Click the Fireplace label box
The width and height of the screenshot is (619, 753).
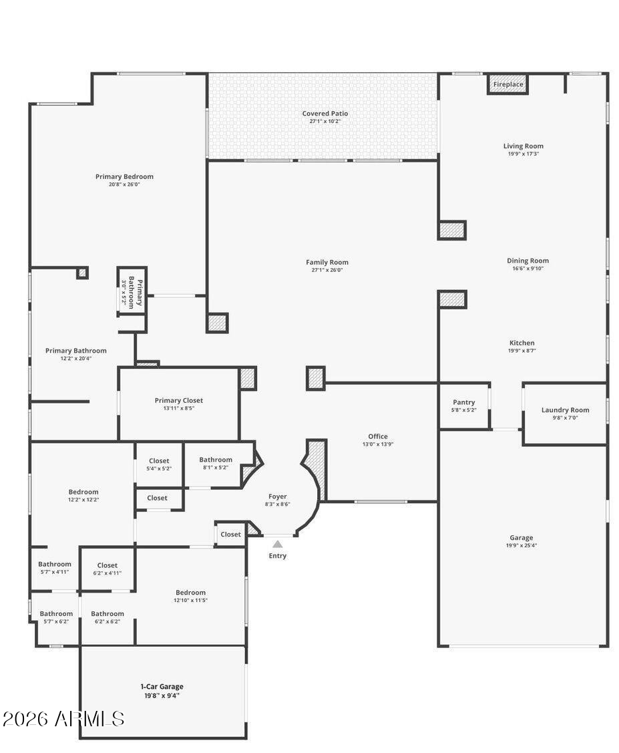click(x=508, y=85)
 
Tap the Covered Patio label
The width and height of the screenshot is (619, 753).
click(x=325, y=114)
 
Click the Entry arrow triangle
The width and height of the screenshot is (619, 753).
click(x=277, y=544)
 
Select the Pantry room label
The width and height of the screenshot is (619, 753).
click(x=463, y=402)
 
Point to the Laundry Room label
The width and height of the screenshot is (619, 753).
click(x=565, y=410)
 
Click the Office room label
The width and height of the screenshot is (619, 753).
click(x=377, y=436)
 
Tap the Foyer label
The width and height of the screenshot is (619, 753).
click(x=277, y=496)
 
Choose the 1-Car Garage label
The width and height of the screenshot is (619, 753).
click(x=162, y=686)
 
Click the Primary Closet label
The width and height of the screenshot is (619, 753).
click(x=178, y=400)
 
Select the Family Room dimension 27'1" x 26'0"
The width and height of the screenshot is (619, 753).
click(x=327, y=270)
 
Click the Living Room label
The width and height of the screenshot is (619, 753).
click(x=523, y=146)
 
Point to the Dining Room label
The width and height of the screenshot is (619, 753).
click(x=528, y=261)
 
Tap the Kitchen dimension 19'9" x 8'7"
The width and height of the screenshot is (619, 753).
click(x=522, y=351)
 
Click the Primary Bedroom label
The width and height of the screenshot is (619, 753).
click(x=124, y=176)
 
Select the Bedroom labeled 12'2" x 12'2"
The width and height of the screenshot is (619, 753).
click(x=83, y=492)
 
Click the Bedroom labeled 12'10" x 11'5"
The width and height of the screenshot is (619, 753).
click(x=190, y=593)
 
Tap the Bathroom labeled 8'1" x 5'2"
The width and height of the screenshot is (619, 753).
click(x=216, y=460)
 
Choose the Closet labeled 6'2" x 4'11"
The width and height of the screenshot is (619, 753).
click(x=107, y=565)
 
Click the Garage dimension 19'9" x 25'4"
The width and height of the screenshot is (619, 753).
click(x=522, y=545)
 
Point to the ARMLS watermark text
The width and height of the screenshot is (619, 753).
click(x=63, y=719)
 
